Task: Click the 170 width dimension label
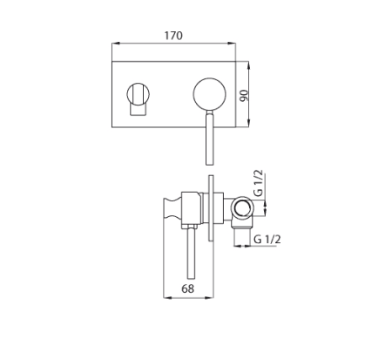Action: point(173,36)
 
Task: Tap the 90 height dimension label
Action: point(245,96)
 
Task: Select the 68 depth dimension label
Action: point(188,289)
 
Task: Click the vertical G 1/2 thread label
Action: point(259,183)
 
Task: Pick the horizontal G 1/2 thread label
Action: point(267,240)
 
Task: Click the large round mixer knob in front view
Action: point(210,94)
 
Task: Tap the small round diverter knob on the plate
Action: point(139,94)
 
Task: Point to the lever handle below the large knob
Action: point(210,138)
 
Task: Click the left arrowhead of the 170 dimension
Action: point(116,44)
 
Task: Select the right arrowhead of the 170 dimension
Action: point(232,44)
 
